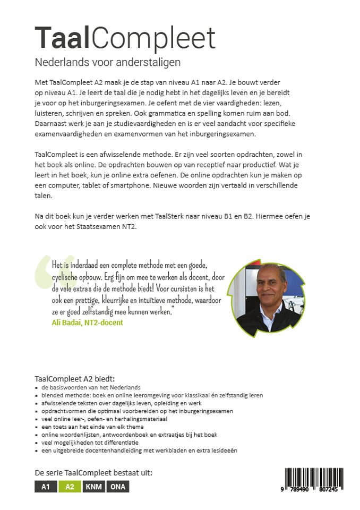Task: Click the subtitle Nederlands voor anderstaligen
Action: (108, 62)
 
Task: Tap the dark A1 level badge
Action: (46, 487)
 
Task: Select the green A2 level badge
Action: (69, 487)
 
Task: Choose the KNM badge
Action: (93, 487)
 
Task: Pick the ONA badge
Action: (118, 487)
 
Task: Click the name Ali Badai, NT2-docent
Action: (87, 322)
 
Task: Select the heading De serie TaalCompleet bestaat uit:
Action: (93, 473)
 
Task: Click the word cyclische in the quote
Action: (68, 276)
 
